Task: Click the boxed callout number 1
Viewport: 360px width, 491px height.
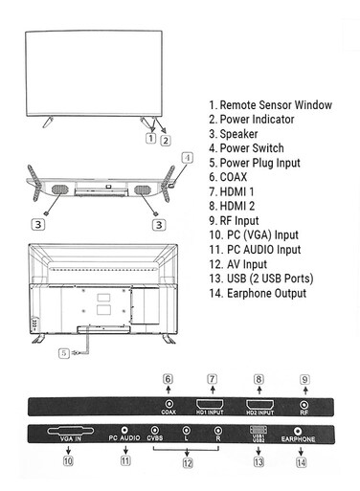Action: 150,139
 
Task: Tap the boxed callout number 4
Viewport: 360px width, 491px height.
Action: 188,158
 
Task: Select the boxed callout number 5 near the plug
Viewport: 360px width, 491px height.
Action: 64,353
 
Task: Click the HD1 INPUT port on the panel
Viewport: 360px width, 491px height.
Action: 210,404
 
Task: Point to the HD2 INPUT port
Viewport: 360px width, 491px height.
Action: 259,405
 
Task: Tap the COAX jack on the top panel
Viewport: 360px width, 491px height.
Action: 169,404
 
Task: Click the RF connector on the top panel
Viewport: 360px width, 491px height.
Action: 304,405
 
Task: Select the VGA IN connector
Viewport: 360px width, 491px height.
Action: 71,431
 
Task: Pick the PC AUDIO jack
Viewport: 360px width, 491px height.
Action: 124,431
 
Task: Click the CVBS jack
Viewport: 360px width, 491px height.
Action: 155,431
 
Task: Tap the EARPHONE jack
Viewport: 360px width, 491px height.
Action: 298,432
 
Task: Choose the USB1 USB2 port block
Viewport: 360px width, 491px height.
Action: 259,430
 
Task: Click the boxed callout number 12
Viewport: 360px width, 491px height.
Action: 188,463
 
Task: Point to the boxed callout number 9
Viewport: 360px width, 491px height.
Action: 304,380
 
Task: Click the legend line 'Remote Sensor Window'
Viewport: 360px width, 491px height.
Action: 270,105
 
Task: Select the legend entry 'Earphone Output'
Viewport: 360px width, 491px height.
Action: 258,293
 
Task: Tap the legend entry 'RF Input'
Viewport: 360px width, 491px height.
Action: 234,221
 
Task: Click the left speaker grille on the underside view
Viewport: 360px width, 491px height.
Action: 60,190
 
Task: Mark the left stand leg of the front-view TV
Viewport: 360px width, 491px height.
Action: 48,122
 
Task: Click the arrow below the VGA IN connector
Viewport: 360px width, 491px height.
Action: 68,450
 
